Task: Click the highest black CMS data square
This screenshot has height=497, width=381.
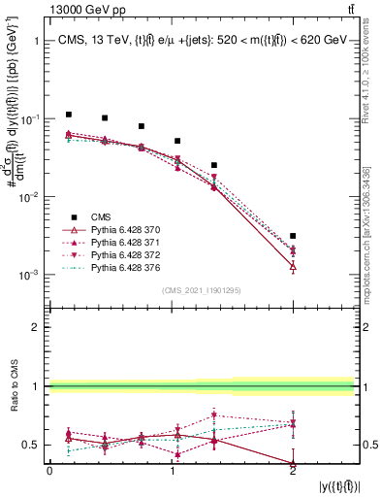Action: pyautogui.click(x=68, y=115)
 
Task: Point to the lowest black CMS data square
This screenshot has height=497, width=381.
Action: pyautogui.click(x=293, y=236)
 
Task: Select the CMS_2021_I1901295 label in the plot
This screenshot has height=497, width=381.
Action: pyautogui.click(x=203, y=290)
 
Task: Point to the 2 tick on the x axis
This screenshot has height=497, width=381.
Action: pyautogui.click(x=293, y=470)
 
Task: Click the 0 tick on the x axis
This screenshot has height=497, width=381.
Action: pyautogui.click(x=49, y=470)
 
